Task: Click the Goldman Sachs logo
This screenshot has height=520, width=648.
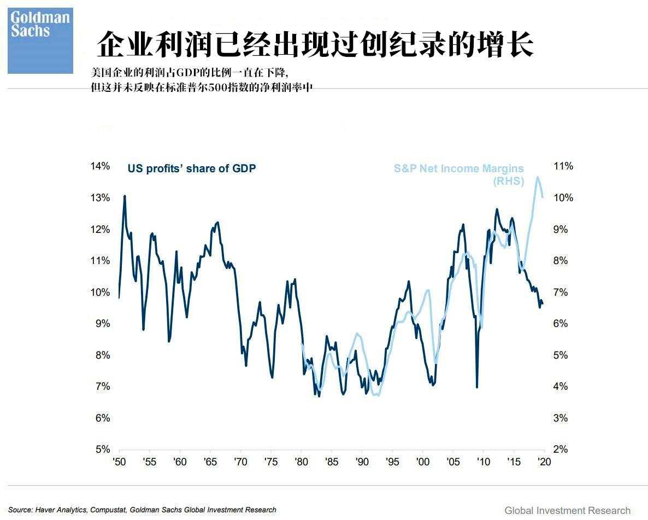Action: click(x=40, y=40)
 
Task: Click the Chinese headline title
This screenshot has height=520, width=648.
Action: click(x=315, y=44)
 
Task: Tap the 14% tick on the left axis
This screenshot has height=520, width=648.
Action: click(x=100, y=166)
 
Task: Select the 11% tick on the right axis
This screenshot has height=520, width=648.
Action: click(x=563, y=166)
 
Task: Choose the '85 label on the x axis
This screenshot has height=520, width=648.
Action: click(x=331, y=462)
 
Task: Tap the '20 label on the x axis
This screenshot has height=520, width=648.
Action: click(x=544, y=462)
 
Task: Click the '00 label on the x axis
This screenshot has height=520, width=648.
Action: click(x=422, y=462)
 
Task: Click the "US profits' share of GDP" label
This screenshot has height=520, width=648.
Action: click(x=191, y=168)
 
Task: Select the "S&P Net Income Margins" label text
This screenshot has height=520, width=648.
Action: click(x=458, y=168)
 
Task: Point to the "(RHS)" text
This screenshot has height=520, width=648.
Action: click(x=508, y=181)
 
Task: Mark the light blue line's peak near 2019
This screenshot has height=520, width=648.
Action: click(x=538, y=177)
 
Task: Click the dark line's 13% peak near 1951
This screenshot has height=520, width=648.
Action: click(x=125, y=196)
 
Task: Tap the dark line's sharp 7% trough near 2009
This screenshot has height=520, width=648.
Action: click(x=477, y=387)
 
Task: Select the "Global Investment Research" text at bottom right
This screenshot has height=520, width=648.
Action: click(x=567, y=510)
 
